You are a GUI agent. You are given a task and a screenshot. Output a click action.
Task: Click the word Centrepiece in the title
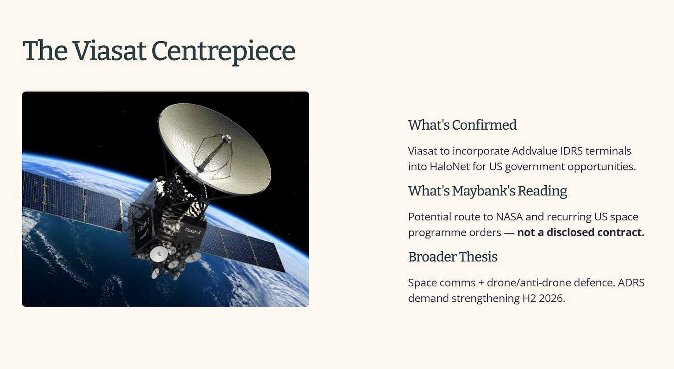[x=223, y=51]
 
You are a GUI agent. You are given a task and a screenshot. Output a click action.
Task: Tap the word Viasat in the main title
[x=110, y=50]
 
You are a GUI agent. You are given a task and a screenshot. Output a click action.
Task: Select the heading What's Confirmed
[x=462, y=125]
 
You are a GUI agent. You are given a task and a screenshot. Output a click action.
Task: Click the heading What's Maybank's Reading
[x=487, y=191]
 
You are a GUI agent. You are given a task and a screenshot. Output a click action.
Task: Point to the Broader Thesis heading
[x=453, y=257]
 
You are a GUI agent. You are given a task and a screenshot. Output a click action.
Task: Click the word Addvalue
[x=534, y=151]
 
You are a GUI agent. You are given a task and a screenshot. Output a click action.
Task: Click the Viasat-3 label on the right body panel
[x=193, y=231]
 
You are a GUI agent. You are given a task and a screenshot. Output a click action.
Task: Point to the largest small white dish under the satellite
[x=159, y=254]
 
